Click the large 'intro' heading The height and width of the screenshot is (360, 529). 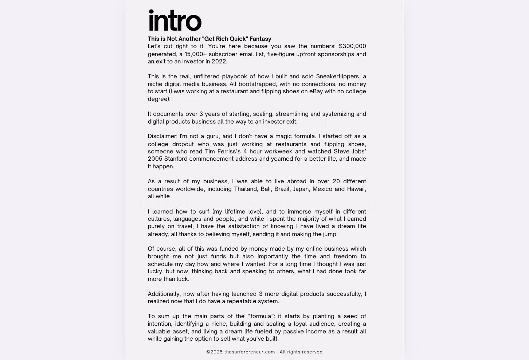point(175,21)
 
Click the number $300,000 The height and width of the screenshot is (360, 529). point(352,46)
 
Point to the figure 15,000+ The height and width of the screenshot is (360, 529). point(195,54)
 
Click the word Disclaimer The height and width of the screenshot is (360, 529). point(162,136)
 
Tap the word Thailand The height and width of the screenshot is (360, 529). point(246,189)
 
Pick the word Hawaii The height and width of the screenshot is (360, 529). point(357,189)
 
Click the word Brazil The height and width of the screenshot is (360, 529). point(282,189)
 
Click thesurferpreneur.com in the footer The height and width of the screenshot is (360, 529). point(250,352)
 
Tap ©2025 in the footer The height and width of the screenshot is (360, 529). point(215,352)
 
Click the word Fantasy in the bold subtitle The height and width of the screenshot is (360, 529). point(260,39)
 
